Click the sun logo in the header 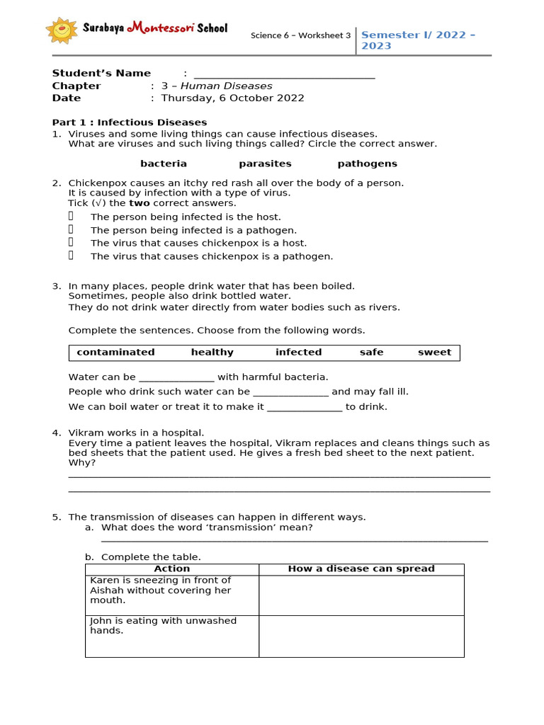point(62,30)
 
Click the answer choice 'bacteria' point(164,164)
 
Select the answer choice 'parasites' point(265,164)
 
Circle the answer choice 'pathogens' point(367,164)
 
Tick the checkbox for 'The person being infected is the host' point(72,217)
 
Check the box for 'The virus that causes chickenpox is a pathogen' point(72,256)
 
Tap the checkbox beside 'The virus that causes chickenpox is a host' point(72,243)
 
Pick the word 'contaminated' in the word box point(115,353)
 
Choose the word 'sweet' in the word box point(434,353)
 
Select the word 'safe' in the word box point(371,353)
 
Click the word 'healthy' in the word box point(212,353)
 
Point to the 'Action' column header point(172,569)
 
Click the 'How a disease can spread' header point(361,569)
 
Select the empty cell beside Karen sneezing point(361,595)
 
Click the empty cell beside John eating point(361,636)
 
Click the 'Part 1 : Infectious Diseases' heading point(130,122)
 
